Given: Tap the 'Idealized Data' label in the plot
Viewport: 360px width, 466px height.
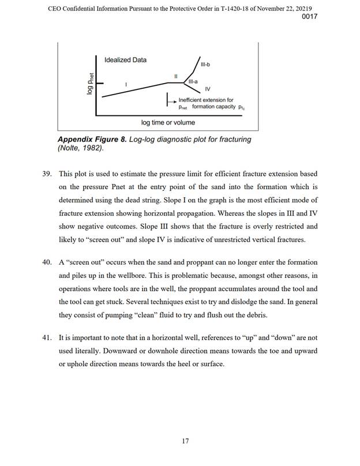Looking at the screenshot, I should [125, 60].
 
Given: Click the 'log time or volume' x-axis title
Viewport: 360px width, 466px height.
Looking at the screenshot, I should [168, 122].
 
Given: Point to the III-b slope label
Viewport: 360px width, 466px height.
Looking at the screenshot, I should [205, 64].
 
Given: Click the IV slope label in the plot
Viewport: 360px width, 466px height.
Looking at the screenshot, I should [208, 89].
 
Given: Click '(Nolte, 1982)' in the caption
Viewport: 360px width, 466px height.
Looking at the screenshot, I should [80, 148].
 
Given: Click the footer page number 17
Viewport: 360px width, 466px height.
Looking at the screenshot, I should [185, 441].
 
